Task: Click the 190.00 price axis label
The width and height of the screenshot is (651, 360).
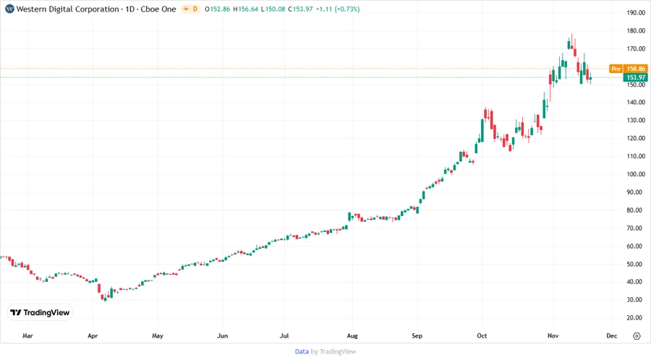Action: tap(637, 13)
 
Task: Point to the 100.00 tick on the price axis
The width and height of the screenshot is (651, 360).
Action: tap(637, 174)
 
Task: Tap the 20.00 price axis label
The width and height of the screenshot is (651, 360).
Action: tap(637, 318)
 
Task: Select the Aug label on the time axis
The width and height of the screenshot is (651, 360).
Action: tap(352, 336)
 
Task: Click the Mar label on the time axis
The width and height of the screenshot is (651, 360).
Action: tap(27, 336)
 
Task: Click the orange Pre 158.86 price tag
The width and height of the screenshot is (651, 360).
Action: tap(626, 69)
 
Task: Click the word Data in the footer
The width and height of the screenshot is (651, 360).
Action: tap(302, 351)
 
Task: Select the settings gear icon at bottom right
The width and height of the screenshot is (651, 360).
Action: tap(637, 336)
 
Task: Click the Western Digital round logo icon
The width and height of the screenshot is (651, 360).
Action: tap(9, 9)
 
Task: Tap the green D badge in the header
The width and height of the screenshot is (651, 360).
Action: tap(195, 9)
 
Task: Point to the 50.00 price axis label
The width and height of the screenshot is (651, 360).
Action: tap(637, 264)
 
